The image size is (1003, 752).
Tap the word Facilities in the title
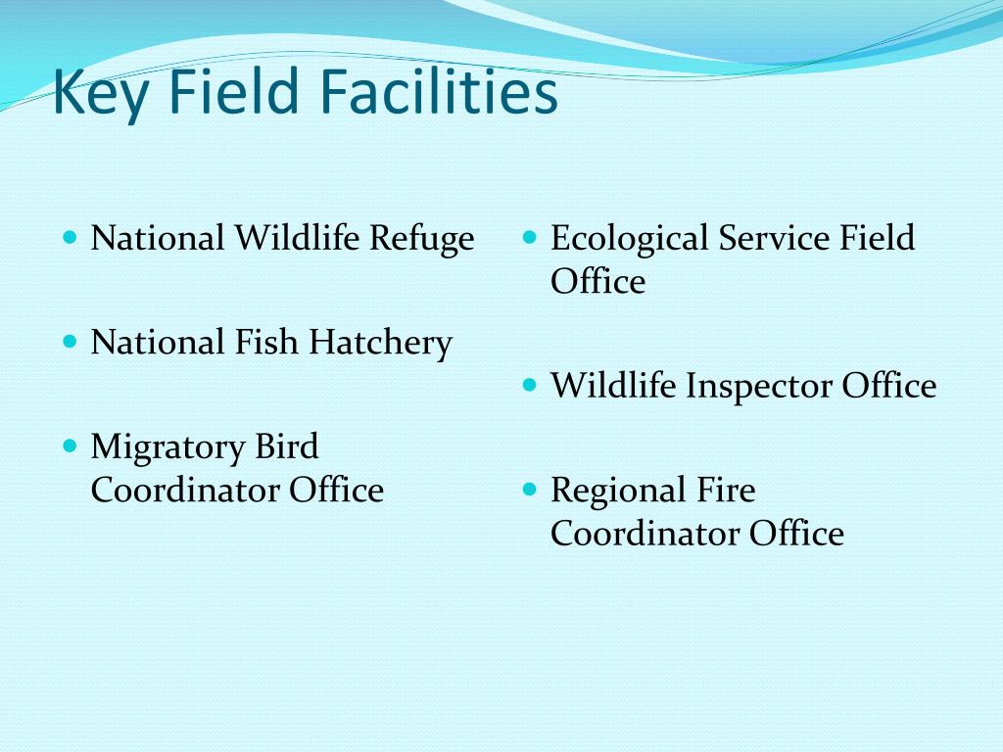tap(441, 93)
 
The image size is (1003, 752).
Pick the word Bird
tap(287, 446)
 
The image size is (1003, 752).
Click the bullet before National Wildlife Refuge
tap(69, 238)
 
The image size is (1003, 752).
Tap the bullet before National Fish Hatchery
tap(69, 342)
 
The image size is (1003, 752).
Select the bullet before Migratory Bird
tap(69, 446)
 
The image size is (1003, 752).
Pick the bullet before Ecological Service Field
tap(529, 238)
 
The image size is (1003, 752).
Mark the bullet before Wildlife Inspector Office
tap(529, 386)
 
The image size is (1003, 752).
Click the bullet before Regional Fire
tap(529, 489)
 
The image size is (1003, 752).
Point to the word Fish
tap(267, 343)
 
